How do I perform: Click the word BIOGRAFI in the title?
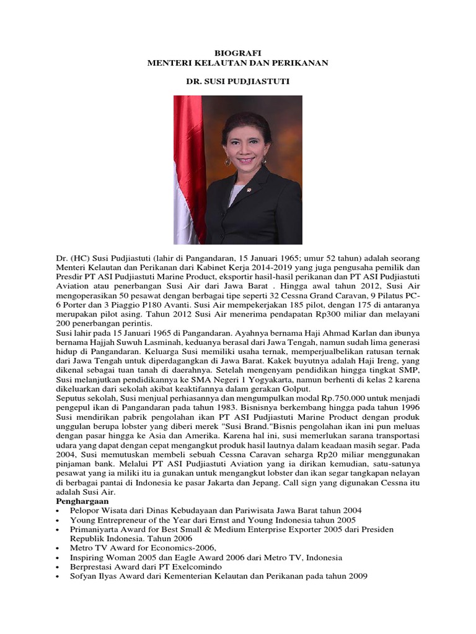238,54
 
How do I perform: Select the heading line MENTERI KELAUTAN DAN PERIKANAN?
238,63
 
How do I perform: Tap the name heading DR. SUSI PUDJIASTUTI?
238,82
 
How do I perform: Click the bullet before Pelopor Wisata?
58,510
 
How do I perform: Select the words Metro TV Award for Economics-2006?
144,548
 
